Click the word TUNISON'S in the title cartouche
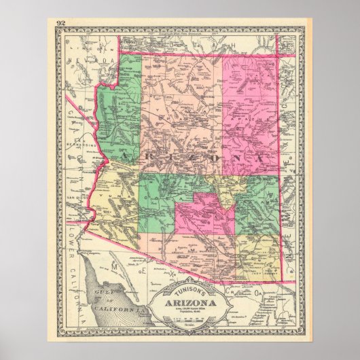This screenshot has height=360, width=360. click(x=182, y=272)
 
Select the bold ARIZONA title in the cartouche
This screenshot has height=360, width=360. click(x=181, y=283)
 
